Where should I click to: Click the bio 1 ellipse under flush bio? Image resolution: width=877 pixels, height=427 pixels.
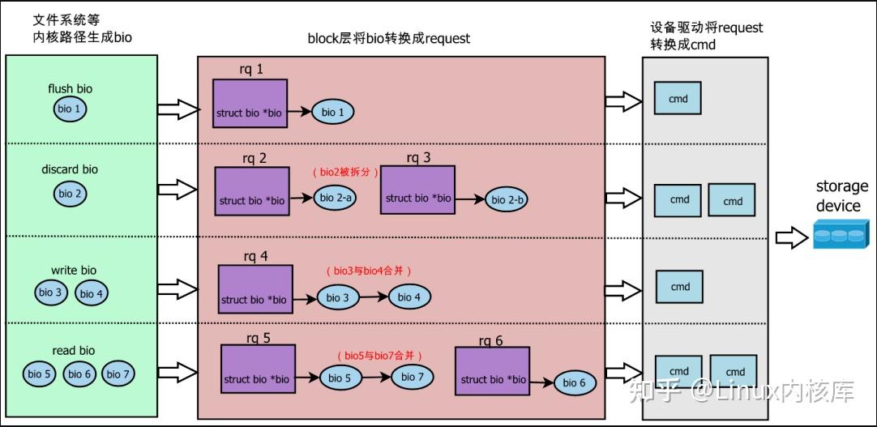coord(70,109)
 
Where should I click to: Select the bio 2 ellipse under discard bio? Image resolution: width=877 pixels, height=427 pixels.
coord(71,194)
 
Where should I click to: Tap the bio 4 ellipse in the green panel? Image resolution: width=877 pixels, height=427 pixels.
coord(92,293)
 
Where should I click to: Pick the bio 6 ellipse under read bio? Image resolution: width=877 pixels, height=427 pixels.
coord(79,374)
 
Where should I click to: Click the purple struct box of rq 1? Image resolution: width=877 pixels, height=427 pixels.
coord(250,104)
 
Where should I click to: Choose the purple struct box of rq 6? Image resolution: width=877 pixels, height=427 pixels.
coord(492,371)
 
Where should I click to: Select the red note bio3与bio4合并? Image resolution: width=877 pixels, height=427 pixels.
coord(374,271)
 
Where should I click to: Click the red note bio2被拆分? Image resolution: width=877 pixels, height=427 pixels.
coord(345,173)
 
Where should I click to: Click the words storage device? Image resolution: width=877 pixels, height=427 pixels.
coord(841,196)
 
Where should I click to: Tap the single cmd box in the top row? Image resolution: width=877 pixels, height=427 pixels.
coord(678,99)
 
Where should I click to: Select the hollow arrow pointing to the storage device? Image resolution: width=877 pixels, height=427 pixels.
coord(790,237)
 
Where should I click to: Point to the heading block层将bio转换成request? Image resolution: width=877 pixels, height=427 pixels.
coord(389,38)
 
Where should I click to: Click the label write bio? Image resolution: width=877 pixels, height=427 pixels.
coord(74,270)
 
